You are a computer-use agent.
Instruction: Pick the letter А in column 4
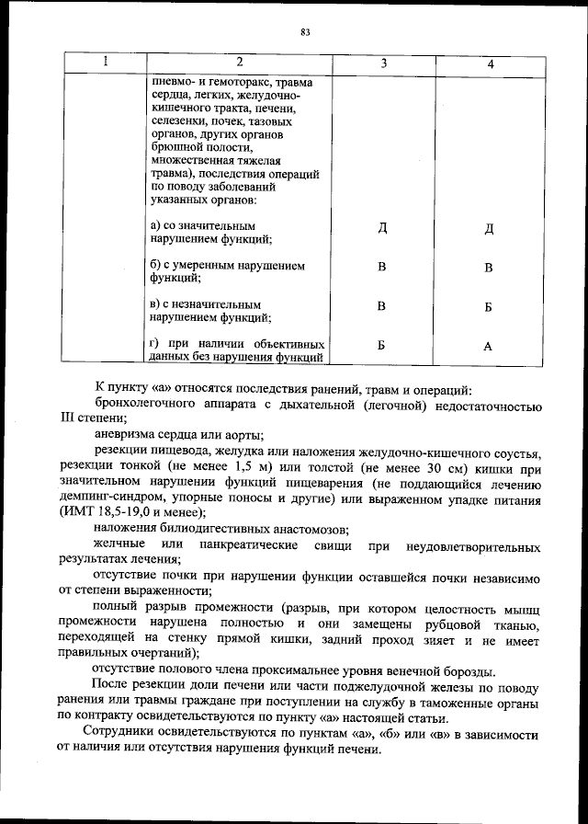[489, 346]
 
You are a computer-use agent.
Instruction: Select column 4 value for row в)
[489, 307]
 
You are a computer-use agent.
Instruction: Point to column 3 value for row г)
[381, 345]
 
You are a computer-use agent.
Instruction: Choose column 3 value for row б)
[381, 268]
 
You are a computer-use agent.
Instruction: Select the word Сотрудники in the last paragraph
[119, 733]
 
